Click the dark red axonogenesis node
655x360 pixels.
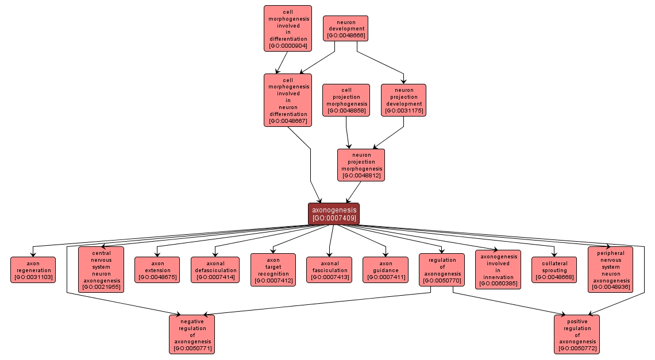(x=333, y=214)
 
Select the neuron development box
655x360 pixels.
(x=345, y=28)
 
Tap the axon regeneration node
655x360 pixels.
(x=33, y=270)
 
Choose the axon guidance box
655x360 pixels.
(x=385, y=270)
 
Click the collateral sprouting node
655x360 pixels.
(x=554, y=270)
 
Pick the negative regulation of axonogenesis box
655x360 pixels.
(x=192, y=334)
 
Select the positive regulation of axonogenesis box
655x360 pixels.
(x=577, y=334)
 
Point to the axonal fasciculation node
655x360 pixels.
(x=329, y=270)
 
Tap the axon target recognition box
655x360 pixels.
(x=273, y=270)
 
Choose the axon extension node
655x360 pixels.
(x=157, y=270)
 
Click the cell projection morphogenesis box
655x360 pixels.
(x=345, y=100)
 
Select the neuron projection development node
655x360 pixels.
(x=403, y=100)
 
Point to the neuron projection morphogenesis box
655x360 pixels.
(x=361, y=165)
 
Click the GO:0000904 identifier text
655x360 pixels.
(x=288, y=45)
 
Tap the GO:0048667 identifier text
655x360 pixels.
(x=288, y=121)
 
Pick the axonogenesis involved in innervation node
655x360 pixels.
(x=498, y=269)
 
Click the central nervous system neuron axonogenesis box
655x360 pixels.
(x=101, y=269)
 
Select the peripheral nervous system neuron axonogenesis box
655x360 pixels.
(x=610, y=269)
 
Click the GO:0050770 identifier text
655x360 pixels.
(x=442, y=281)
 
